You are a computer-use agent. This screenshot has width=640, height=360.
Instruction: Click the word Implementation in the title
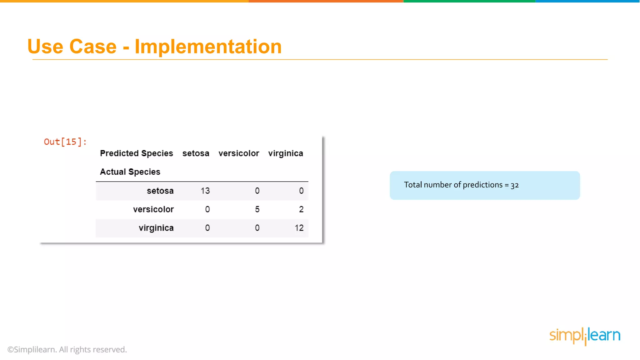(208, 47)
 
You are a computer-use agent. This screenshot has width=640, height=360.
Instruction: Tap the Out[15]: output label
(65, 142)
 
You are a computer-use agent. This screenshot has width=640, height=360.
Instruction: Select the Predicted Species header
(136, 153)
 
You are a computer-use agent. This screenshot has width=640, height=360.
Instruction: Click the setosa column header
(196, 153)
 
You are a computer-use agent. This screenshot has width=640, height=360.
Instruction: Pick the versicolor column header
(239, 153)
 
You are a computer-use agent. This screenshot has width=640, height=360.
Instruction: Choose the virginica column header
(286, 153)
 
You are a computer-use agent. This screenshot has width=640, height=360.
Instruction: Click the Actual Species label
(130, 172)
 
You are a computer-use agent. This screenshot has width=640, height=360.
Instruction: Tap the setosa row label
(160, 191)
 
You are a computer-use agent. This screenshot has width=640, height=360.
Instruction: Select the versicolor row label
(153, 209)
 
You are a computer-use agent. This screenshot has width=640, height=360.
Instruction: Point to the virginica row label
(156, 228)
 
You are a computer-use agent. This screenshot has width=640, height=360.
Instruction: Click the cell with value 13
(205, 191)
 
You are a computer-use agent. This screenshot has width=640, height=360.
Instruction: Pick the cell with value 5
(257, 209)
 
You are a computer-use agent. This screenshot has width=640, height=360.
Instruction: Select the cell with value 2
(301, 209)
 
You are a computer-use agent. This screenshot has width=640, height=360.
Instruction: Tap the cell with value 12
(299, 228)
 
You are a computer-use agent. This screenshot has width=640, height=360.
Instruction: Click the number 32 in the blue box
(515, 185)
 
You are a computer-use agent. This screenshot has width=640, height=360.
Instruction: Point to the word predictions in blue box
(482, 185)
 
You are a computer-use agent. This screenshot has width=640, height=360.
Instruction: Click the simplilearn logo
(585, 336)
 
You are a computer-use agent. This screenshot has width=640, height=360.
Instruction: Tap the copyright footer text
(67, 349)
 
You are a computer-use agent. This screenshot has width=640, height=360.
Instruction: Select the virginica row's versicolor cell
(257, 228)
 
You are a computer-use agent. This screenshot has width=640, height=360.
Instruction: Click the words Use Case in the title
(72, 47)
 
